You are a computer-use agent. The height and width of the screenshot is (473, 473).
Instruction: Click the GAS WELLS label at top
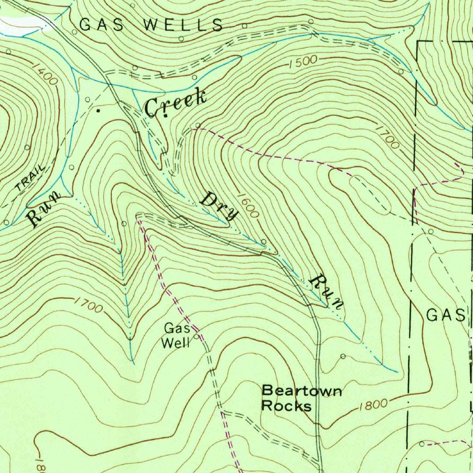(152, 25)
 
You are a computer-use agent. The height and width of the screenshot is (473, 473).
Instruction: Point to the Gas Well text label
(177, 336)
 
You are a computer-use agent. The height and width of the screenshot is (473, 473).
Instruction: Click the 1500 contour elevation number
(303, 62)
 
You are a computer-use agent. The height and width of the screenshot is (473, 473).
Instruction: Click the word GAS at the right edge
(445, 315)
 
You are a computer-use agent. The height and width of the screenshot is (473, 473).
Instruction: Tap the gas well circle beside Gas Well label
(197, 337)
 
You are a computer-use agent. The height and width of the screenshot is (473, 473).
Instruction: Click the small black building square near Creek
(98, 111)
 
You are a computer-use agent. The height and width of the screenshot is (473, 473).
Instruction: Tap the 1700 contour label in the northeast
(387, 137)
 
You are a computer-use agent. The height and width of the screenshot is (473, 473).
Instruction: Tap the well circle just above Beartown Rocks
(342, 356)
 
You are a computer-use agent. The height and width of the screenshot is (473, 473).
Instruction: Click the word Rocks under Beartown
(286, 406)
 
